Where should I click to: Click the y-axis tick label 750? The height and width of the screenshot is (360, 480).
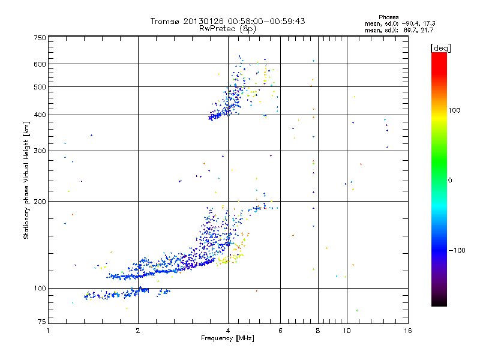39,38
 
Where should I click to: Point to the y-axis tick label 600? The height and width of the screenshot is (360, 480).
39,64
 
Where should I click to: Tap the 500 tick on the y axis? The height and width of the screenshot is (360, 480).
39,87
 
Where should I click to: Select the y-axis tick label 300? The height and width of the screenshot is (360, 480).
39,151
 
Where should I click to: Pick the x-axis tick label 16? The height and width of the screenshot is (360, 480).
407,331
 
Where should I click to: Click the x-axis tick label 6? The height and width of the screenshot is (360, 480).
280,331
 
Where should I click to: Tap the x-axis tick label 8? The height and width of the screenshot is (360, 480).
318,331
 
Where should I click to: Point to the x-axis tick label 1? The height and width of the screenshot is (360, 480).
49,331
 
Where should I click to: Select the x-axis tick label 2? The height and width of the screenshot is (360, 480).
138,331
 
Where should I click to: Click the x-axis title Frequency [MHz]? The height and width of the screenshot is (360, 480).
227,338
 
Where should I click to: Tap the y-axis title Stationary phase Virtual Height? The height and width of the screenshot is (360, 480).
26,180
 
